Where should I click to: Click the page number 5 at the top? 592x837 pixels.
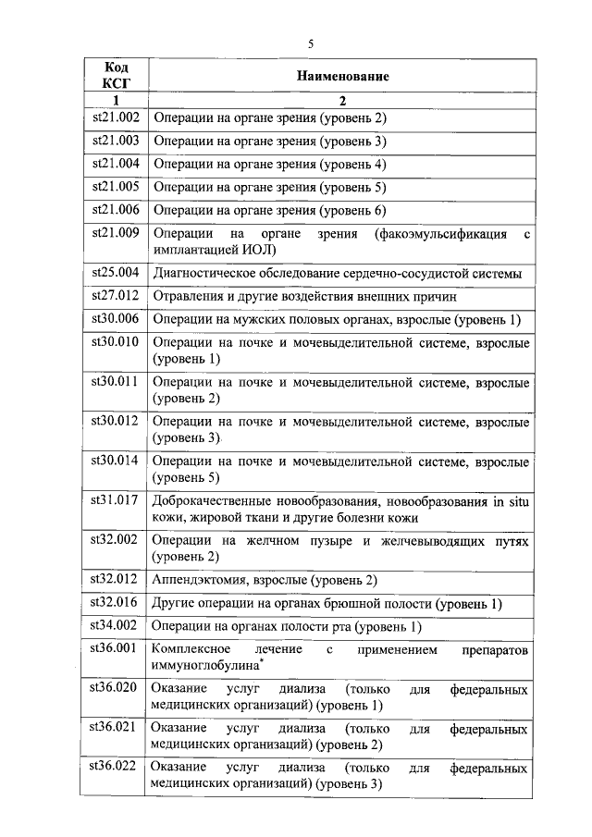pyautogui.click(x=311, y=43)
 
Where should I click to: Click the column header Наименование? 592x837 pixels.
pyautogui.click(x=342, y=77)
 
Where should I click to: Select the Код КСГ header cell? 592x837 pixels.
pyautogui.click(x=116, y=77)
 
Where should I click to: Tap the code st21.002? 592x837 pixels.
pyautogui.click(x=116, y=117)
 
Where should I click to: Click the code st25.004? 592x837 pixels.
pyautogui.click(x=116, y=273)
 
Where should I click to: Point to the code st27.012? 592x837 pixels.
pyautogui.click(x=116, y=297)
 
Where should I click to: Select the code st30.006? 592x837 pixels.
pyautogui.click(x=116, y=320)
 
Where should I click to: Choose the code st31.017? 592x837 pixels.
pyautogui.click(x=116, y=500)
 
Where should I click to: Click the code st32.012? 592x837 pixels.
pyautogui.click(x=116, y=580)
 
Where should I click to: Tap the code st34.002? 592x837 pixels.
pyautogui.click(x=116, y=626)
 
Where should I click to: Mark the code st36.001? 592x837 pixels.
pyautogui.click(x=116, y=649)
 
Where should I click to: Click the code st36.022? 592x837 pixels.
pyautogui.click(x=116, y=767)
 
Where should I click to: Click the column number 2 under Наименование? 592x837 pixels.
pyautogui.click(x=341, y=99)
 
